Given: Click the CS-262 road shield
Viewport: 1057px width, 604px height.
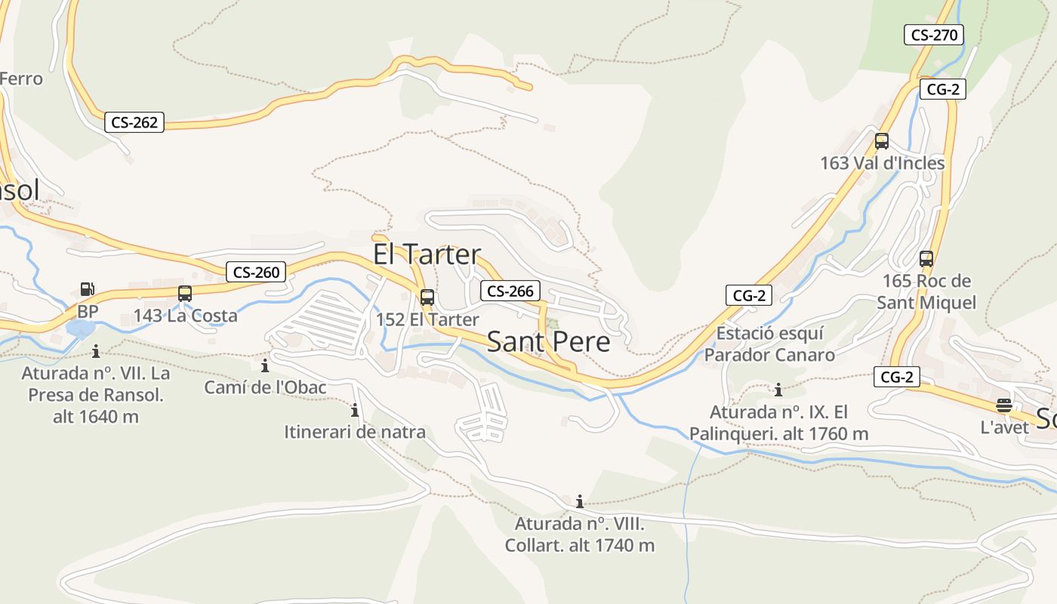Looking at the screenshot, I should [x=134, y=122].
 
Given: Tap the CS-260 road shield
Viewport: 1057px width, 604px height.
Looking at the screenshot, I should [x=257, y=272].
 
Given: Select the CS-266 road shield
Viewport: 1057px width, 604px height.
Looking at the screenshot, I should [x=510, y=291].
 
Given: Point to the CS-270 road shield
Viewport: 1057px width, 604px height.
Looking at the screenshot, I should [x=934, y=34].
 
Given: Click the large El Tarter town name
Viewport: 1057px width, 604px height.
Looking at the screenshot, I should [x=427, y=254].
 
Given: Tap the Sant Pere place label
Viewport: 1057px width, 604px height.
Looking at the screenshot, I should [x=548, y=342].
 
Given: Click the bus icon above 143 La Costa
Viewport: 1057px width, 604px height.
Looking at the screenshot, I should [x=185, y=294].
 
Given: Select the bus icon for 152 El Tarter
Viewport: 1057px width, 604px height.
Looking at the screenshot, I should [x=427, y=297].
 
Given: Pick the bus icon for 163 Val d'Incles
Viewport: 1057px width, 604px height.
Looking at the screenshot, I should [x=881, y=141].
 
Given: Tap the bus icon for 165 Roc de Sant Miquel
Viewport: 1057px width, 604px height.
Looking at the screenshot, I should [x=926, y=259].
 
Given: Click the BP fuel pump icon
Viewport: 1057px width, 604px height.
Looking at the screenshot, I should [x=88, y=289].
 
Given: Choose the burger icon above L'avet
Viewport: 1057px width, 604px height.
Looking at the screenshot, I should [x=1003, y=405].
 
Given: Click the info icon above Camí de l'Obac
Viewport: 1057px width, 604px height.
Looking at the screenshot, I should [x=265, y=366].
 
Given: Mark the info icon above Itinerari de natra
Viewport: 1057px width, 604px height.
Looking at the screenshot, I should [x=354, y=411].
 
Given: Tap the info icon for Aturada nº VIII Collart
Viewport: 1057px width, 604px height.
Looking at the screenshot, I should [x=579, y=501].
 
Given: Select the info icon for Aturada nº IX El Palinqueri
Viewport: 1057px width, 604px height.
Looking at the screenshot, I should [x=778, y=390].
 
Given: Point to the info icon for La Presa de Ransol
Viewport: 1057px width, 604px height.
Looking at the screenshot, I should [x=96, y=351].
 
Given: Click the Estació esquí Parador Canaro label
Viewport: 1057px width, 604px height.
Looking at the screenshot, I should [x=769, y=344].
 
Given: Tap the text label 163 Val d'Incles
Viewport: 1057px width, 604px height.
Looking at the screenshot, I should [x=882, y=163].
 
